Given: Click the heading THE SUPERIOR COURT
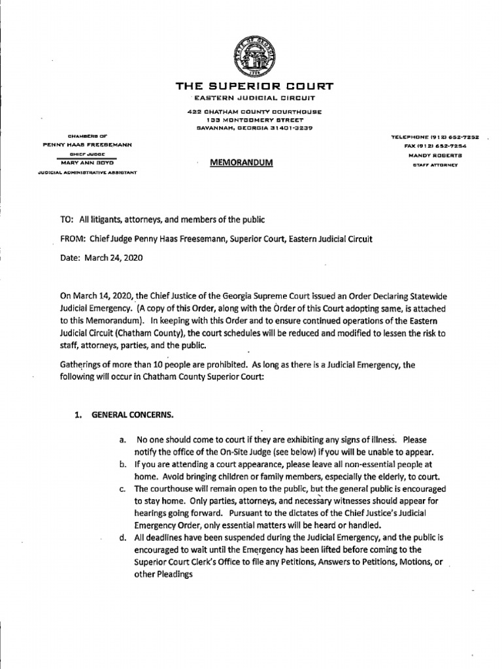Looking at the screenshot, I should point(254,86).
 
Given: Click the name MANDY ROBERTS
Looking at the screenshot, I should point(436,155).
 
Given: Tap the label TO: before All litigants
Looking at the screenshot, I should point(67,220).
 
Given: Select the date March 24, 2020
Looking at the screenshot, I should point(113,257).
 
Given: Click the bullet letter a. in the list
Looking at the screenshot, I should point(123,440).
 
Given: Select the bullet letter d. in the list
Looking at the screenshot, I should point(123,538).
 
